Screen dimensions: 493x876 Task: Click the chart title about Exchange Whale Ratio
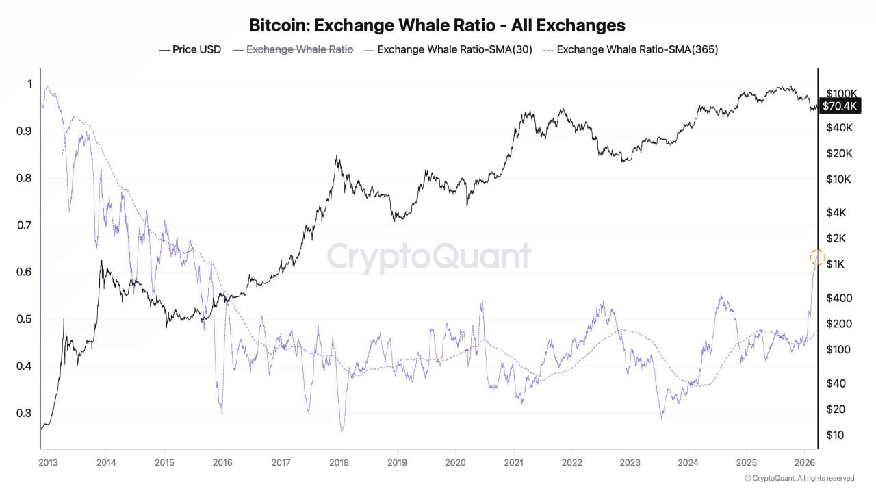tap(437, 25)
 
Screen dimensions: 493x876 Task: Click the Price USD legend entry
tap(190, 49)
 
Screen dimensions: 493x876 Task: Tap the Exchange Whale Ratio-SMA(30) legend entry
tap(448, 49)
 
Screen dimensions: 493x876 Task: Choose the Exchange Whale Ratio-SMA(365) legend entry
tap(630, 49)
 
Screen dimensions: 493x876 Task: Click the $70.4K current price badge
tap(840, 105)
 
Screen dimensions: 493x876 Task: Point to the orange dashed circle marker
tap(817, 257)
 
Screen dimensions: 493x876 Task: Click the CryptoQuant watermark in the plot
tap(428, 257)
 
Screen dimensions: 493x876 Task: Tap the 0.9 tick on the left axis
tap(24, 131)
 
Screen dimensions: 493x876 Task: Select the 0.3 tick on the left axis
tap(24, 413)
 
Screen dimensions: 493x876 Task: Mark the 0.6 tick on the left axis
tap(24, 272)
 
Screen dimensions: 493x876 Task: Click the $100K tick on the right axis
tap(842, 93)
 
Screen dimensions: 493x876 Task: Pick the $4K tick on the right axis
tap(836, 212)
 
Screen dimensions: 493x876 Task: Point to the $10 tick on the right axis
tap(836, 435)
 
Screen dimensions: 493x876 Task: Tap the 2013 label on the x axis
tap(47, 462)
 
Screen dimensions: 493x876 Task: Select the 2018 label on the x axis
tap(338, 462)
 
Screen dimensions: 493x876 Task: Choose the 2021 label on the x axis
tap(513, 462)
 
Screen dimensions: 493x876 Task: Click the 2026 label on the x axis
tap(804, 462)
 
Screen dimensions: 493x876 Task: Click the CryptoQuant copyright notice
tap(799, 478)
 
